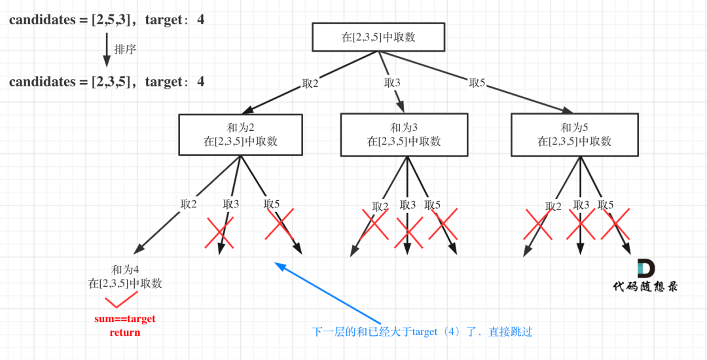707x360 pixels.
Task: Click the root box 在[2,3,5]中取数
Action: click(x=378, y=37)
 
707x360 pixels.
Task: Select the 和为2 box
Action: click(x=240, y=134)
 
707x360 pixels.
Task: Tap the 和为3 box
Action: click(x=403, y=134)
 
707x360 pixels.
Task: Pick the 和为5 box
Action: click(x=574, y=134)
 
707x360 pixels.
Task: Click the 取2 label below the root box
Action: click(x=310, y=84)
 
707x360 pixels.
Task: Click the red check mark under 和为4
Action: click(x=121, y=300)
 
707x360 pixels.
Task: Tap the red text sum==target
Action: click(x=124, y=319)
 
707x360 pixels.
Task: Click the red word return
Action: click(x=124, y=332)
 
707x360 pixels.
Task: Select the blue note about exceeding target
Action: click(x=422, y=332)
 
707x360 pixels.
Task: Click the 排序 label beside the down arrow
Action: click(x=125, y=49)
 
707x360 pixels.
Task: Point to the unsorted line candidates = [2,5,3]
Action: click(x=107, y=20)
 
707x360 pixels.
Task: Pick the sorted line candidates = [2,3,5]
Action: click(x=107, y=82)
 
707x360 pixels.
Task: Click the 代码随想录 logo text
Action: click(x=645, y=286)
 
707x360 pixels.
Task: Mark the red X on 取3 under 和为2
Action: click(x=219, y=232)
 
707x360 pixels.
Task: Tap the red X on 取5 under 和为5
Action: click(x=615, y=224)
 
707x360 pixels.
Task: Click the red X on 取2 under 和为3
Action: click(x=375, y=224)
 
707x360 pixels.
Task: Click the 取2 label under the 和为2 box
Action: click(x=189, y=204)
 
